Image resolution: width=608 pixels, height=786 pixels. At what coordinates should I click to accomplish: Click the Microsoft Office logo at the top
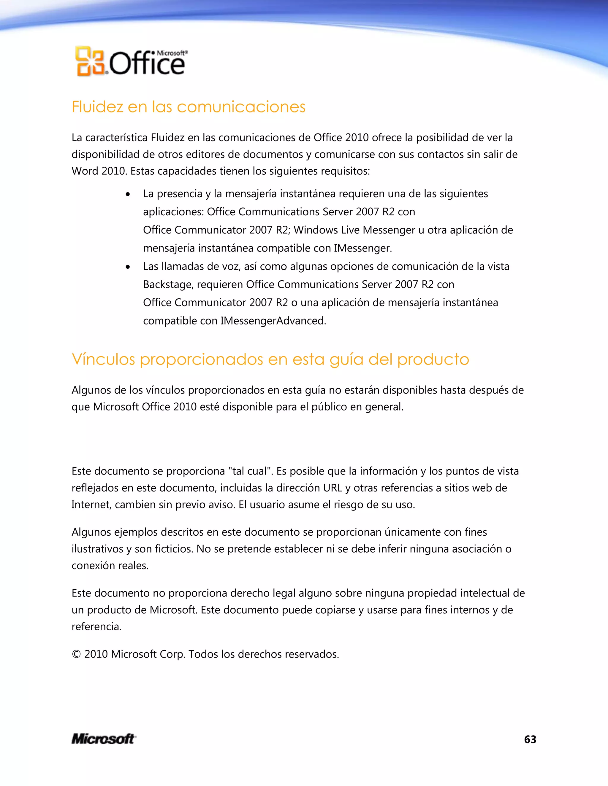132,61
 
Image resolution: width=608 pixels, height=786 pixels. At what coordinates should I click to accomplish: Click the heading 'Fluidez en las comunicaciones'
189,107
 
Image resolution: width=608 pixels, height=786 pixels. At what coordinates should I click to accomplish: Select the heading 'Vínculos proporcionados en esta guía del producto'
270,359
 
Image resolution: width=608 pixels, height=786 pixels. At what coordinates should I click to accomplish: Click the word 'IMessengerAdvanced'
273,321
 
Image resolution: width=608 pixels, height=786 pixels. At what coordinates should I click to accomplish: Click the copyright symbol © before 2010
76,654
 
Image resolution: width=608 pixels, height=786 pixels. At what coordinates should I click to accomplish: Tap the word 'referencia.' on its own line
96,626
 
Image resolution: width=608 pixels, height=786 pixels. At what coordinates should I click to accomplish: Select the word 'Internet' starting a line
91,505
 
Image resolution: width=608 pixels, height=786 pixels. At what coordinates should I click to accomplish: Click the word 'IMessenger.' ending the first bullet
363,248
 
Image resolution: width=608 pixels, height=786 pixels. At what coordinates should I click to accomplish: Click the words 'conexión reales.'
110,565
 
